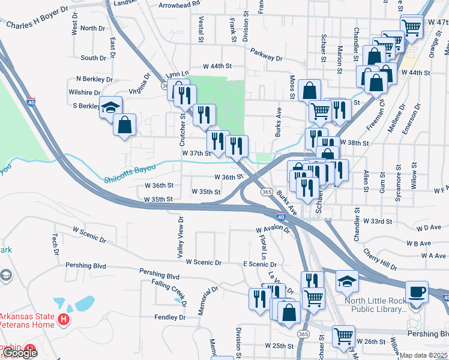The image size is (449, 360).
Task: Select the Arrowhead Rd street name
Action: pyautogui.click(x=179, y=4)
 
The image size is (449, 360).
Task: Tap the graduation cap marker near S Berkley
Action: pyautogui.click(x=110, y=107)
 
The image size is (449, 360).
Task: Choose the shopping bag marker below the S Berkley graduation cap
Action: pyautogui.click(x=124, y=125)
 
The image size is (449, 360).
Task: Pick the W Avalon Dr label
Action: pyautogui.click(x=273, y=230)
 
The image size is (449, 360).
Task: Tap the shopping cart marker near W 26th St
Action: pyautogui.click(x=343, y=337)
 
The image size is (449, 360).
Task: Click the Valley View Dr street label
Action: pyautogui.click(x=179, y=238)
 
